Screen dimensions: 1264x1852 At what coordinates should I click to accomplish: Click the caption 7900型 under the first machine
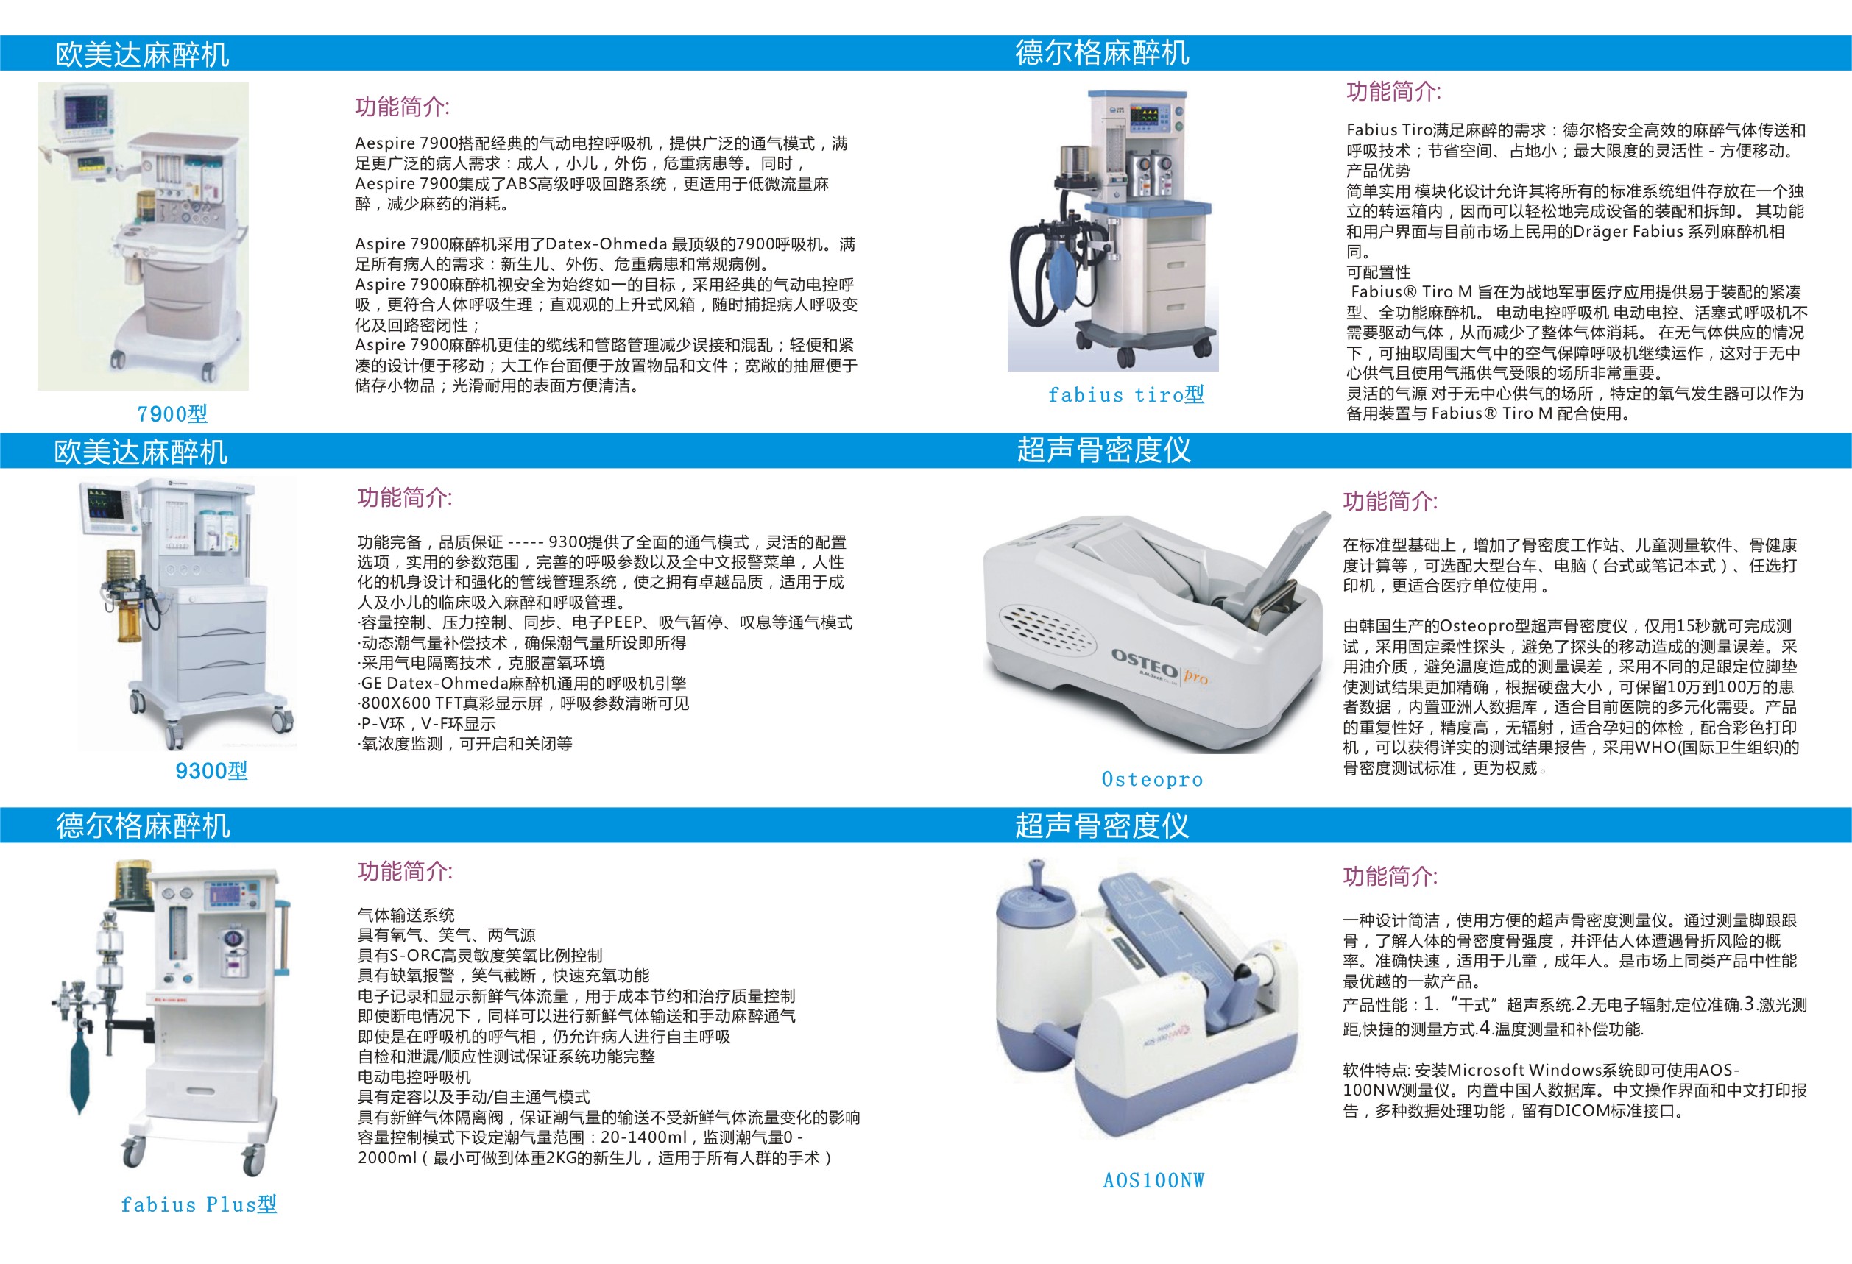click(x=172, y=414)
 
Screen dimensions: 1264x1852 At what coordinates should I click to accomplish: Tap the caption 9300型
click(x=211, y=771)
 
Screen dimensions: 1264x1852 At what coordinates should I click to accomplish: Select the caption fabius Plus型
click(x=199, y=1204)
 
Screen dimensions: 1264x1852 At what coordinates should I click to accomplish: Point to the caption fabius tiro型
click(x=1125, y=395)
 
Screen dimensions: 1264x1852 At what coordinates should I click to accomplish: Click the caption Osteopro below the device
click(x=1151, y=779)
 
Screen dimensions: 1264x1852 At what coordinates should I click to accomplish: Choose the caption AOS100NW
click(x=1153, y=1180)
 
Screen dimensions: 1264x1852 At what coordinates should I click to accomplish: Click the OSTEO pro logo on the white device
click(x=1159, y=667)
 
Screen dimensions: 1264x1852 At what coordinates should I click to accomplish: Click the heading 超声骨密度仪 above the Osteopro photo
click(x=1103, y=451)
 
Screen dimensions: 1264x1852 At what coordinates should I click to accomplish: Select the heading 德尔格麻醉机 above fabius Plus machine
click(x=143, y=826)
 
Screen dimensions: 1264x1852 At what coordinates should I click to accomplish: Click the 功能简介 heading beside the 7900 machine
click(x=402, y=107)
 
